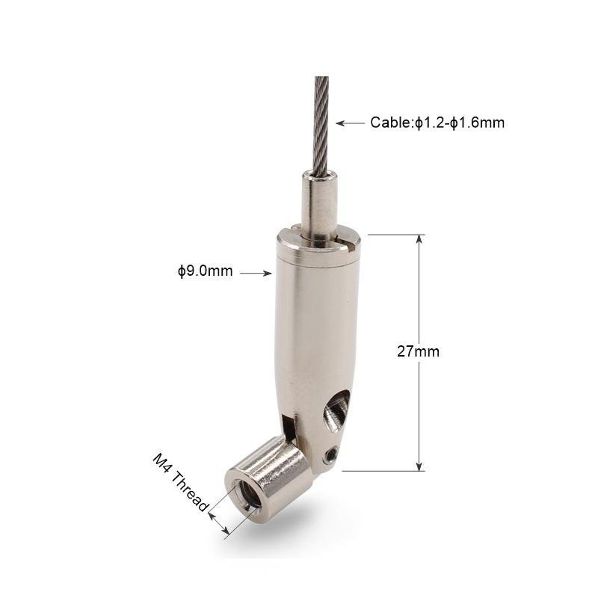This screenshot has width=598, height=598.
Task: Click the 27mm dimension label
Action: (x=418, y=351)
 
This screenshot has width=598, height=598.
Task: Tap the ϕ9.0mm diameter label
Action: (x=205, y=271)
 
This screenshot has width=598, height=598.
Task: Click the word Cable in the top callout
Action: (x=390, y=123)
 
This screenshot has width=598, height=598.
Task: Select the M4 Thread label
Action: (x=181, y=482)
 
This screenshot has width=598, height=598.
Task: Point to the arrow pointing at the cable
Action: (x=350, y=123)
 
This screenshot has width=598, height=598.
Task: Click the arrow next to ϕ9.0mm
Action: (x=256, y=273)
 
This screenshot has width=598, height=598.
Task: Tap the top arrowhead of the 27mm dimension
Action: (x=419, y=238)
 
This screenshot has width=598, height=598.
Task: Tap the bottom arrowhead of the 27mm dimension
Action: (x=419, y=466)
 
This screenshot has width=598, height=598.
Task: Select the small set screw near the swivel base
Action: (x=330, y=454)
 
